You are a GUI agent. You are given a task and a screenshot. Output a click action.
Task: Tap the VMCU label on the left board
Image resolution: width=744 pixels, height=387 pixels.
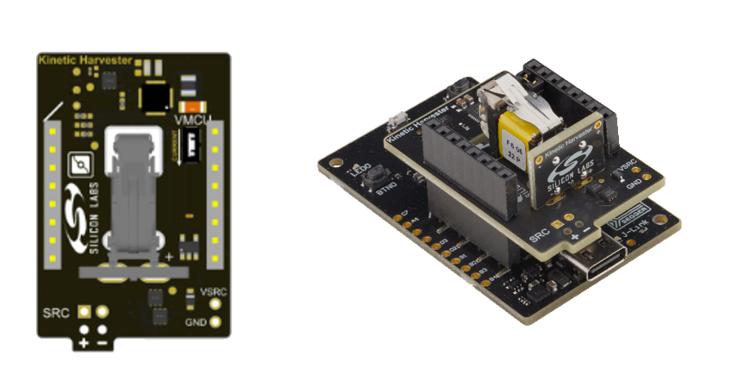(191, 119)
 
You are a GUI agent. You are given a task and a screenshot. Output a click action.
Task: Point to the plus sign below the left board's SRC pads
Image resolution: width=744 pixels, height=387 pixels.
(84, 342)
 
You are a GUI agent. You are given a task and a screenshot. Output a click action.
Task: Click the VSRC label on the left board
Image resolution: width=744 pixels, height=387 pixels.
(213, 293)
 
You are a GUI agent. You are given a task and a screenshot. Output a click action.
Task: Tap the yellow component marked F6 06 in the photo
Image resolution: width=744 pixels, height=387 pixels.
(515, 138)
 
